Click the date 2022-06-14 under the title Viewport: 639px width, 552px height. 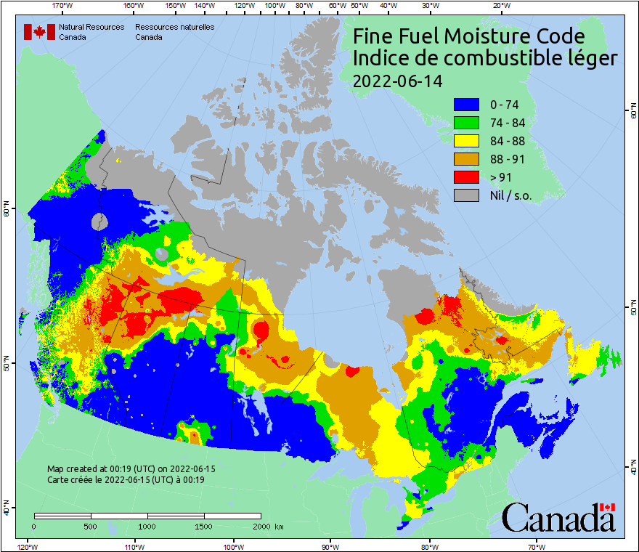[397, 81]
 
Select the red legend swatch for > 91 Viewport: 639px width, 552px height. [466, 176]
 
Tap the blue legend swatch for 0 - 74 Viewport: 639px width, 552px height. [466, 104]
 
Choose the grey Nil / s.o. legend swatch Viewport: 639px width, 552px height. [466, 195]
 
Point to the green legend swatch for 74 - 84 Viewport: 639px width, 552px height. [466, 122]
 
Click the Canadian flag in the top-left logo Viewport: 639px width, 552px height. [39, 32]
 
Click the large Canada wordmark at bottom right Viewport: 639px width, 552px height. [558, 518]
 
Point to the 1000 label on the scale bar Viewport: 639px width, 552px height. [147, 526]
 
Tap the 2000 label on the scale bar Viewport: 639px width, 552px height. [260, 526]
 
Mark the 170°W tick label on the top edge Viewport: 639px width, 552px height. [63, 6]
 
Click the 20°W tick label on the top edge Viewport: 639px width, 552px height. [500, 6]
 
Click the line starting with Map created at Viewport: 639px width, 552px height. [131, 469]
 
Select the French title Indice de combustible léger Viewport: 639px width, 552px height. [485, 59]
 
